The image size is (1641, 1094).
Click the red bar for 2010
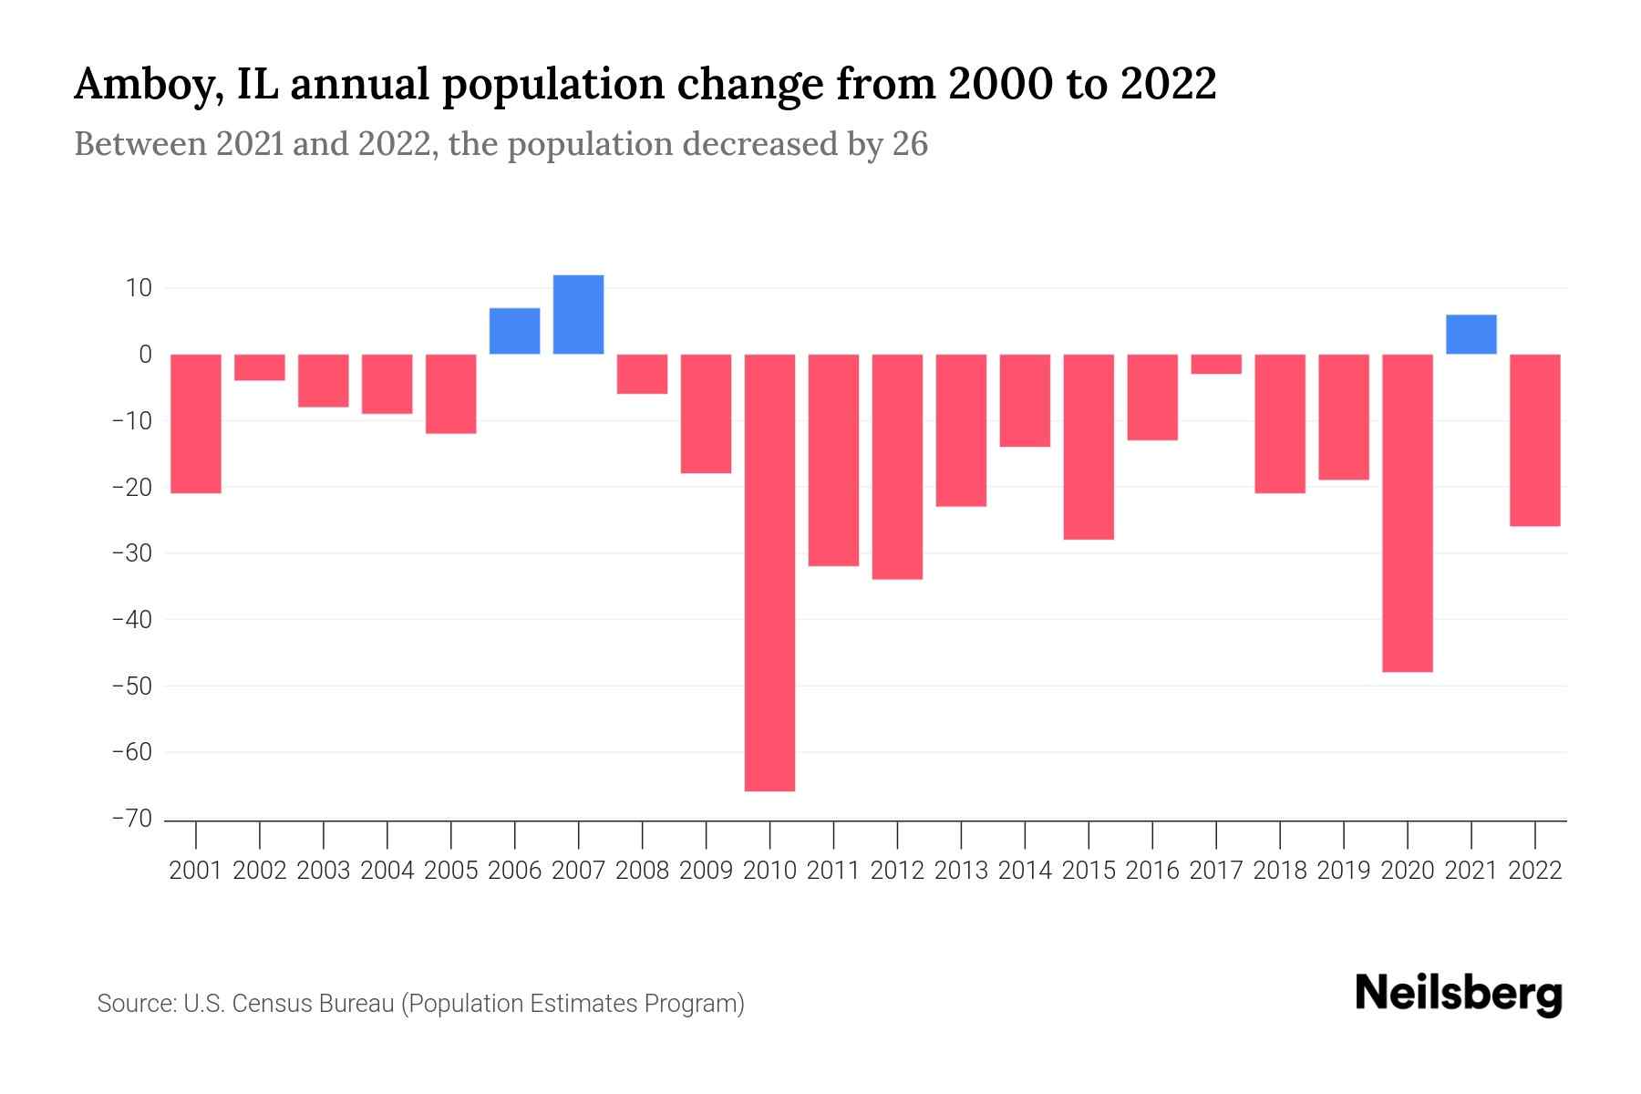tap(769, 573)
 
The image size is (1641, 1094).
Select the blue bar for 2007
tap(578, 315)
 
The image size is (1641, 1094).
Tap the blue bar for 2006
tap(514, 331)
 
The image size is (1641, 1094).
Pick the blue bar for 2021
tap(1471, 335)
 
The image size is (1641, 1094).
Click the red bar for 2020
tap(1407, 513)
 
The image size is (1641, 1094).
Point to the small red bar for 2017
tap(1215, 364)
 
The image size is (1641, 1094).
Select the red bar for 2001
tap(196, 424)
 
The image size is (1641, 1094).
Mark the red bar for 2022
tap(1534, 440)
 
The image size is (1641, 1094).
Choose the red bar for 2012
tap(897, 467)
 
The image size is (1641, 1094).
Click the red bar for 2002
tap(260, 367)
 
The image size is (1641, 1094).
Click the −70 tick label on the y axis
tap(131, 819)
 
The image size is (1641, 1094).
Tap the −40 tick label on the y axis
tap(131, 620)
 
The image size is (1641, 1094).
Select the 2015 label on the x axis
tap(1089, 871)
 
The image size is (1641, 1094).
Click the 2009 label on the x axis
tap(706, 871)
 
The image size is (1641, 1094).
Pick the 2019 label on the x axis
tap(1343, 871)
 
